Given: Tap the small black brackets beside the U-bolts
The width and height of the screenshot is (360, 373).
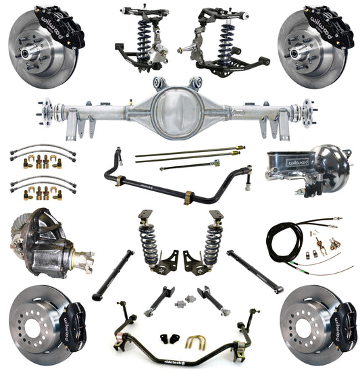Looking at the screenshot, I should pos(166,337).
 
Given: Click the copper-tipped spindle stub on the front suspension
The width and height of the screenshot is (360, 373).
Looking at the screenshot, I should pos(181,50).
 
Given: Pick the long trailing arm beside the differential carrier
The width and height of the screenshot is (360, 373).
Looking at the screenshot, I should pos(112,274).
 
